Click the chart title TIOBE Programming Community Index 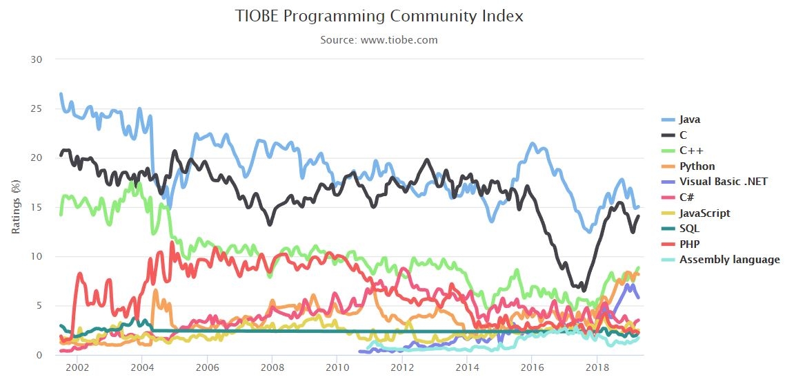(x=379, y=16)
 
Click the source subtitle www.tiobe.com (x=379, y=39)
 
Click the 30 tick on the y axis (x=37, y=59)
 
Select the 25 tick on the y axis (x=37, y=109)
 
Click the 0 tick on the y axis (x=40, y=355)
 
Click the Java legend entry (x=690, y=119)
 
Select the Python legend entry (x=697, y=166)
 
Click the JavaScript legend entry (x=704, y=213)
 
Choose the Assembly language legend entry (x=729, y=260)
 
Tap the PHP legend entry (x=689, y=244)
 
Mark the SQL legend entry (x=689, y=229)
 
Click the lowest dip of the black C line (x=584, y=290)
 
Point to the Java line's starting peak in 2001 (x=61, y=93)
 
